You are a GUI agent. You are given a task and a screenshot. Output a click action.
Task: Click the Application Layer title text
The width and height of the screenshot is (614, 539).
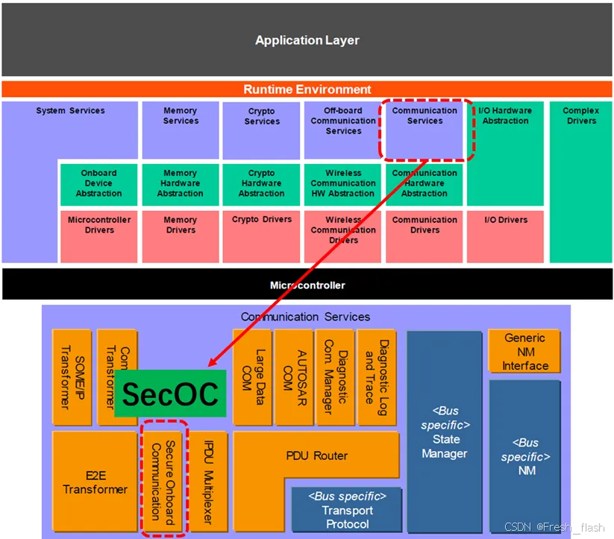tap(307, 40)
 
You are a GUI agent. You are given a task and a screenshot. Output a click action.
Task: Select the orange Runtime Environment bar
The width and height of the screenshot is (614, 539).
tap(307, 89)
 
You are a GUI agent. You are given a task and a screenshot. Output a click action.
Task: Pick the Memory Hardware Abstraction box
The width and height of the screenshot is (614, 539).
tap(180, 184)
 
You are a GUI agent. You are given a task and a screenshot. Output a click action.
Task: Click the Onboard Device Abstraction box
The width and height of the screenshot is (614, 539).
tap(98, 184)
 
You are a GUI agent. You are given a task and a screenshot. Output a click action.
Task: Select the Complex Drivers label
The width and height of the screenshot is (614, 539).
tap(580, 116)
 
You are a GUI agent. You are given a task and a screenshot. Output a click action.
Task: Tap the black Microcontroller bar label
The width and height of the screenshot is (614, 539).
tap(307, 285)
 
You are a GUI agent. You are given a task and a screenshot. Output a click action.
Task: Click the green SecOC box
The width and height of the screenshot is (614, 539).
tap(170, 394)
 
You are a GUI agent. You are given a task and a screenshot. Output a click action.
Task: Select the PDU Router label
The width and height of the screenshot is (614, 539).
tap(316, 456)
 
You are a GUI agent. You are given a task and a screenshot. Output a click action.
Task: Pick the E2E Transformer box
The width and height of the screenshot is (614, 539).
tap(95, 482)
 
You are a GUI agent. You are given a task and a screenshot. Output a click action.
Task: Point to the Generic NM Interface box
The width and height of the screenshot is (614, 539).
tap(524, 351)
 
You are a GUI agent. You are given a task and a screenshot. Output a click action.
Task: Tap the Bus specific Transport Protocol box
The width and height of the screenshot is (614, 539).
tap(347, 510)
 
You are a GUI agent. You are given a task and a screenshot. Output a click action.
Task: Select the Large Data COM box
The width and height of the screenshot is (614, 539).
tap(252, 376)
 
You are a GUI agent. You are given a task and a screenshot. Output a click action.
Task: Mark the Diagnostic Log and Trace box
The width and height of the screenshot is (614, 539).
tap(376, 376)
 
